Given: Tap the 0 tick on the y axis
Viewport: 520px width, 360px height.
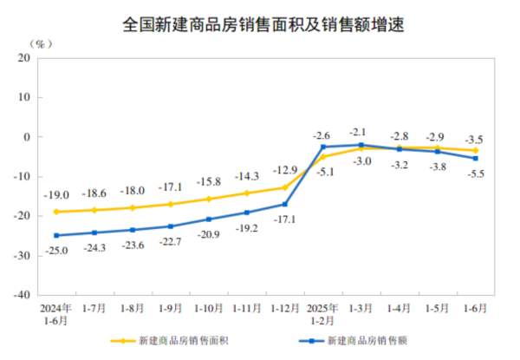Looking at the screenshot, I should pos(28,137).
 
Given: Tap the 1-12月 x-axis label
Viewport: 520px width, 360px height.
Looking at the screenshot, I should pos(284,307).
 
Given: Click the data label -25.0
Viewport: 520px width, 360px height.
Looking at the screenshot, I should pos(55,250).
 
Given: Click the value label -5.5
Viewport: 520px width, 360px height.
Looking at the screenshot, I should pos(475,173).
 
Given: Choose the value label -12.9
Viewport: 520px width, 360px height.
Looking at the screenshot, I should pos(285,169).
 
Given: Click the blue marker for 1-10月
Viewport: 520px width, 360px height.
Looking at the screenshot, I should pos(209,219).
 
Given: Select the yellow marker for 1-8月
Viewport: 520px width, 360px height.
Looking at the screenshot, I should pos(133,207).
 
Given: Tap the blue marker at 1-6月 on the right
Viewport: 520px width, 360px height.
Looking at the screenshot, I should pos(475,159).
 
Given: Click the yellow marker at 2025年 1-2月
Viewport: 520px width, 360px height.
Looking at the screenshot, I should pos(322,157).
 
